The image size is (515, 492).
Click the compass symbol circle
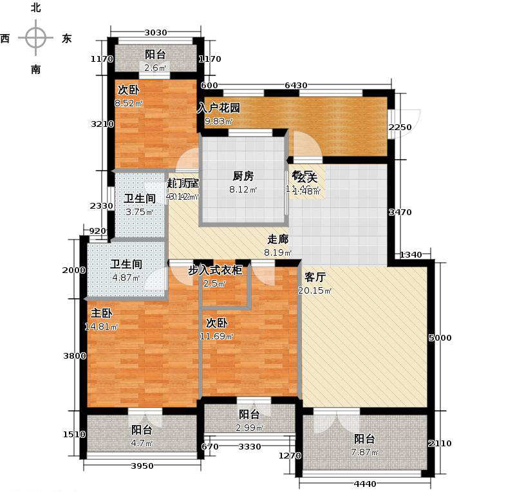click(35, 37)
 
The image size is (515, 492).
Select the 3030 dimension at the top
click(154, 32)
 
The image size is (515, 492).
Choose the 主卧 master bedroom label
click(101, 314)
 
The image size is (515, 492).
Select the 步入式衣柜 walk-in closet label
click(215, 270)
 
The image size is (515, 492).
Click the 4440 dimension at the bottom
click(364, 484)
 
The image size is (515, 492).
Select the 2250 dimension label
click(399, 128)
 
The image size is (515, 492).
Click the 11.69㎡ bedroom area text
click(220, 336)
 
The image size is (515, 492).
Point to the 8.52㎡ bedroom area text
click(129, 102)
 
